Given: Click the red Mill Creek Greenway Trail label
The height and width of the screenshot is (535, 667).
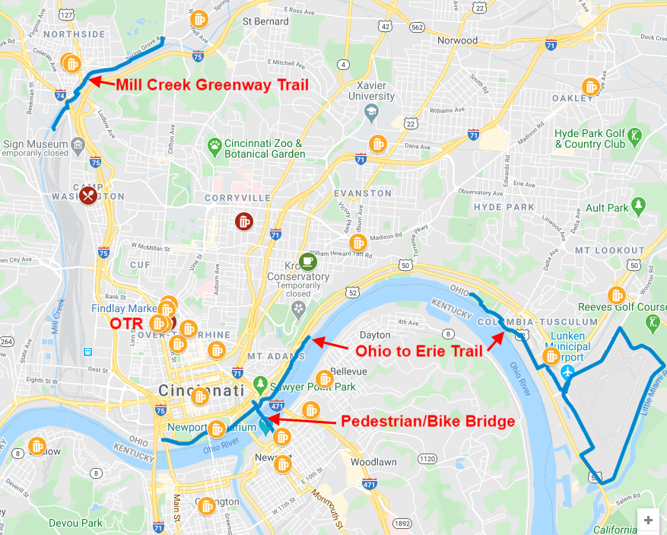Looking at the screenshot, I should click(212, 84).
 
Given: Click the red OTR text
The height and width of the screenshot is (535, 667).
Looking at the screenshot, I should click(125, 323).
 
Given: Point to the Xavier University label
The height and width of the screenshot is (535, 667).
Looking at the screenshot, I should click(371, 91).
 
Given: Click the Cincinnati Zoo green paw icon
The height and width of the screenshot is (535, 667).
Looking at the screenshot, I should click(215, 144).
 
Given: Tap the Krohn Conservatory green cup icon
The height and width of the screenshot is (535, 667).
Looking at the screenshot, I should click(307, 261).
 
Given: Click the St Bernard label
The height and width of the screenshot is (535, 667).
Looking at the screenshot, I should click(265, 21).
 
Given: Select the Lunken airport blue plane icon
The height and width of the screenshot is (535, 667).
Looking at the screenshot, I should click(568, 371).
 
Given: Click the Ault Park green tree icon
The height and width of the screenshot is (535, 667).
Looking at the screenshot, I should click(639, 205).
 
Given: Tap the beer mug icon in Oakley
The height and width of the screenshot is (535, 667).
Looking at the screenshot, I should click(590, 86).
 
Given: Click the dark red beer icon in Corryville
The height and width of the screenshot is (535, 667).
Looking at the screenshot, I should click(243, 221).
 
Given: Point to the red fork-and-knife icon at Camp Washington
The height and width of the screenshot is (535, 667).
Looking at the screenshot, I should click(88, 196).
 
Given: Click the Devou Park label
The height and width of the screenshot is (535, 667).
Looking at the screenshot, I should click(75, 523).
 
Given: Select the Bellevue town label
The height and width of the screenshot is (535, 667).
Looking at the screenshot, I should click(348, 371).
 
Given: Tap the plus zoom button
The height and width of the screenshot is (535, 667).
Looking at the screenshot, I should click(648, 520).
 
